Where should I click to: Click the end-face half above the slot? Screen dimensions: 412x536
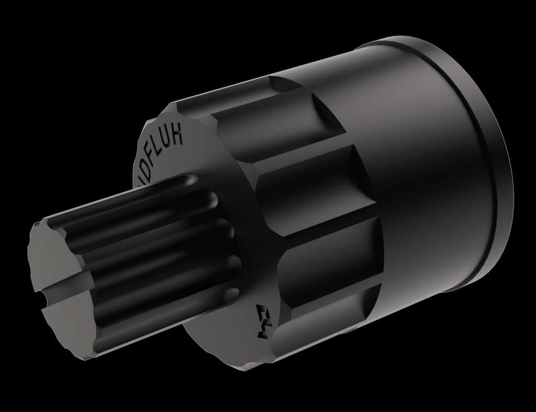pyautogui.click(x=55, y=256)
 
